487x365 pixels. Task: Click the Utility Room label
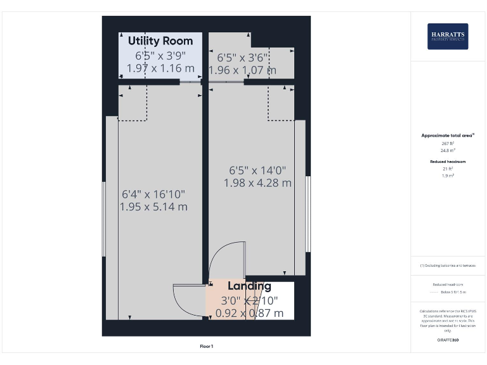[160, 41]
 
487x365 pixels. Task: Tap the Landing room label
[249, 286]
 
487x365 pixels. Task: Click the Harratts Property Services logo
[448, 36]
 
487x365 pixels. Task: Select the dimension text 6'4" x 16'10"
[153, 194]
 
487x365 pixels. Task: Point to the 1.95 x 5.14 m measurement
[153, 207]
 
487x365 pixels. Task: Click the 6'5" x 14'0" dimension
[257, 170]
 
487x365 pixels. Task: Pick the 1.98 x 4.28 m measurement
[257, 182]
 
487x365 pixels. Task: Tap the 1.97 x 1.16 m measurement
[160, 67]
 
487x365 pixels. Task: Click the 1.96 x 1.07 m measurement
[242, 70]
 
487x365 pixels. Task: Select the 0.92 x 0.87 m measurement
[249, 313]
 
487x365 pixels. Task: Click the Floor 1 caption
[207, 346]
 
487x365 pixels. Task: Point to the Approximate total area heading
[448, 136]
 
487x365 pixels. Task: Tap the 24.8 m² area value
[448, 151]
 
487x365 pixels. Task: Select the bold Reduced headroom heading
[448, 162]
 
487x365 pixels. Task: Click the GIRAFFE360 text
[448, 340]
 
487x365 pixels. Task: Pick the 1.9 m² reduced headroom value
[448, 176]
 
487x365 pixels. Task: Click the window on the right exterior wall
[308, 214]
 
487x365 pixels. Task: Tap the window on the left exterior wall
[104, 219]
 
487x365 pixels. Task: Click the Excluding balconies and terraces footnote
[448, 266]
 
